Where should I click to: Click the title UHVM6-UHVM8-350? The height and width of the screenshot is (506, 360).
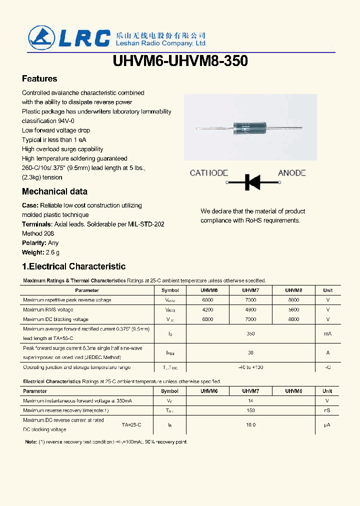pyautogui.click(x=180, y=61)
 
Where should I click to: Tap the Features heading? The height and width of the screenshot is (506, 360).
pyautogui.click(x=39, y=78)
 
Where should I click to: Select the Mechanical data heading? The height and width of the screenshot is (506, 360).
pyautogui.click(x=54, y=191)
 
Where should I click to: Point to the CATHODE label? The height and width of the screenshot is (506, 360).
pyautogui.click(x=208, y=173)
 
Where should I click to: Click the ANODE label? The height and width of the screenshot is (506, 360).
pyautogui.click(x=291, y=173)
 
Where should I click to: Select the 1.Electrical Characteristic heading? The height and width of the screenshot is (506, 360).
pyautogui.click(x=73, y=266)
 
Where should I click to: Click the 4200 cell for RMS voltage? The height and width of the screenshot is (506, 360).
pyautogui.click(x=207, y=309)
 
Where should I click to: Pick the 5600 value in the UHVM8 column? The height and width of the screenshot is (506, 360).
pyautogui.click(x=293, y=309)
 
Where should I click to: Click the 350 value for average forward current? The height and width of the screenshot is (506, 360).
pyautogui.click(x=250, y=333)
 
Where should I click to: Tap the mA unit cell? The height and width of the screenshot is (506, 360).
pyautogui.click(x=327, y=333)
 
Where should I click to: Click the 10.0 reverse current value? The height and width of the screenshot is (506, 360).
pyautogui.click(x=250, y=425)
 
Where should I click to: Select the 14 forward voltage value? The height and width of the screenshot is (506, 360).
pyautogui.click(x=250, y=401)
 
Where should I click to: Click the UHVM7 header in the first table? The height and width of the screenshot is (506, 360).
pyautogui.click(x=250, y=290)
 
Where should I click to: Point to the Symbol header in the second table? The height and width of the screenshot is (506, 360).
pyautogui.click(x=170, y=391)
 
